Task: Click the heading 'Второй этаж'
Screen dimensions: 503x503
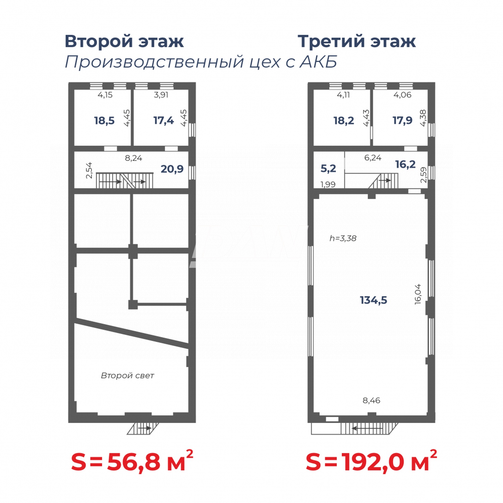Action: (x=124, y=42)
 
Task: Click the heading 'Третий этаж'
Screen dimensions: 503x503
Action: (x=356, y=42)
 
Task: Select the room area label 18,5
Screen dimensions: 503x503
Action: (x=104, y=120)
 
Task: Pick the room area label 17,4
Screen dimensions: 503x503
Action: (x=164, y=120)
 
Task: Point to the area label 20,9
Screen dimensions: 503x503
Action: (x=172, y=169)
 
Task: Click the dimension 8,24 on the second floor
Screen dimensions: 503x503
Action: (x=133, y=158)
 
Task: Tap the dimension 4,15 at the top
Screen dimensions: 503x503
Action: (x=105, y=95)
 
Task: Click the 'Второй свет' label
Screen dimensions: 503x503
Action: (x=127, y=376)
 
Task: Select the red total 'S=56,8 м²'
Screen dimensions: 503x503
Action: (x=132, y=462)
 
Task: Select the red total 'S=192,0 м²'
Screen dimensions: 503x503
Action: (x=371, y=462)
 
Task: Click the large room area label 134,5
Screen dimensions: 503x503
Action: (x=373, y=300)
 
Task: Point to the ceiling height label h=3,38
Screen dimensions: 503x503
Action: (x=343, y=238)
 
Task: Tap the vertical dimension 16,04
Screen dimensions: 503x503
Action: (x=418, y=294)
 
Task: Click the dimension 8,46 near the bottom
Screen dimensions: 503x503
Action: (x=371, y=400)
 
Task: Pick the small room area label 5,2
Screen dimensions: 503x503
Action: (x=328, y=168)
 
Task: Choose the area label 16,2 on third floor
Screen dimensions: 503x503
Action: (x=405, y=164)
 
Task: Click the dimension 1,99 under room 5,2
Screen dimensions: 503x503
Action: (x=328, y=184)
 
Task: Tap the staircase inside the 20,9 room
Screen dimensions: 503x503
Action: (x=124, y=181)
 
